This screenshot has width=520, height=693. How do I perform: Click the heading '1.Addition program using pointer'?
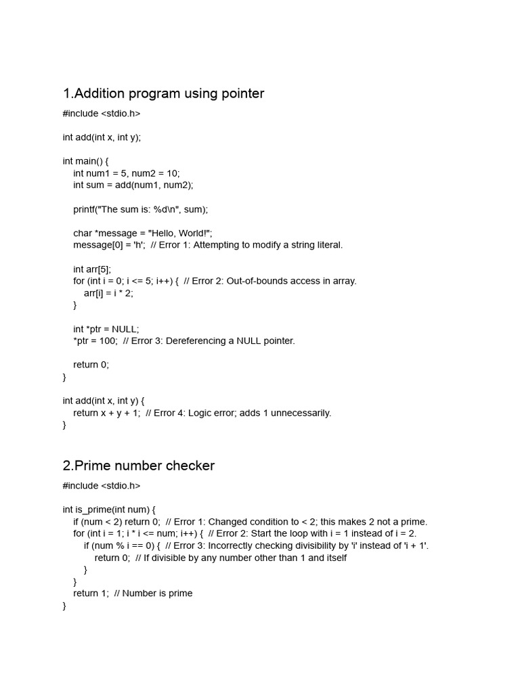tap(163, 93)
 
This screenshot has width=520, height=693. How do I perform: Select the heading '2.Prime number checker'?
tap(139, 466)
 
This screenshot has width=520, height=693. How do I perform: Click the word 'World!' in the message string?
tap(192, 233)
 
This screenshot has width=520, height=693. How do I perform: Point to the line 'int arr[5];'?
tap(92, 269)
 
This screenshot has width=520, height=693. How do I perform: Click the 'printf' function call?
tap(86, 209)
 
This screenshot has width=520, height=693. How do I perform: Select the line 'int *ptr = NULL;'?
tap(106, 329)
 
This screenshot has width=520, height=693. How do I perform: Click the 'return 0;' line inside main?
tap(91, 364)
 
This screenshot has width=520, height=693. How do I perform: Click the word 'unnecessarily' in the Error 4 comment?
tap(301, 413)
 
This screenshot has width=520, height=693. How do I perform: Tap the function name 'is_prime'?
tap(91, 509)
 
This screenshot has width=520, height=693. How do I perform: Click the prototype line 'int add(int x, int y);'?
tap(102, 137)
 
